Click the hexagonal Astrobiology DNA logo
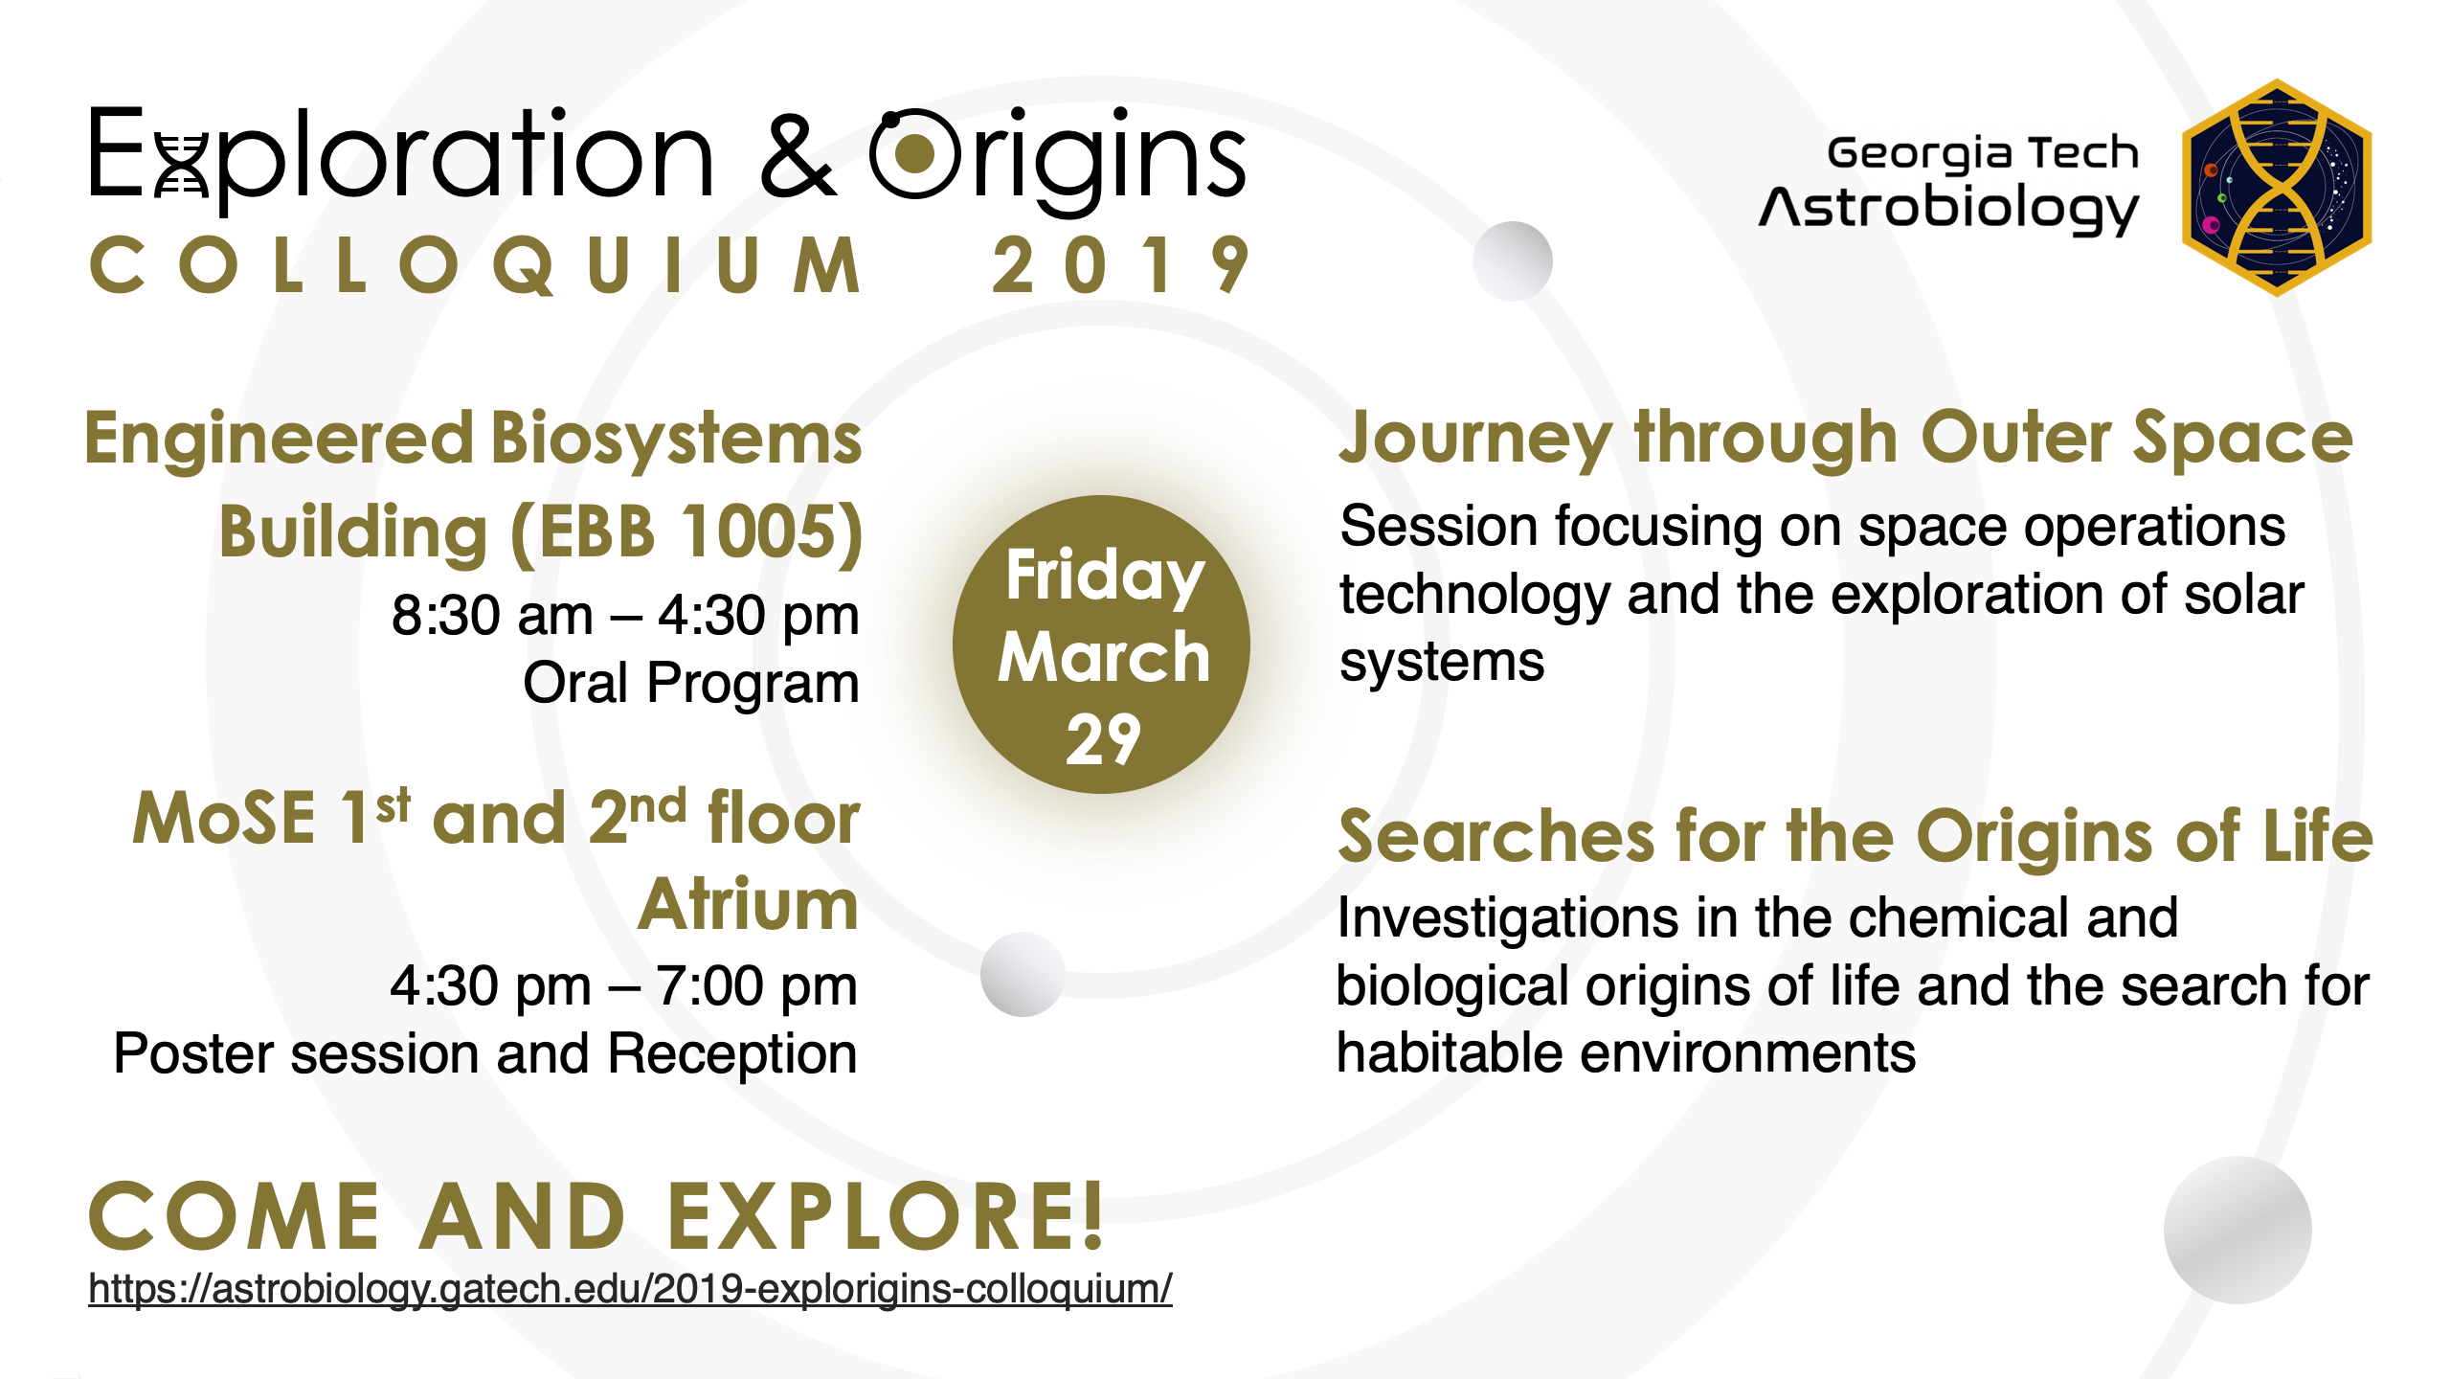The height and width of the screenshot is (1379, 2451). [x=2277, y=188]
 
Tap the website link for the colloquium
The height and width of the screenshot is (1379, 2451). [x=630, y=1289]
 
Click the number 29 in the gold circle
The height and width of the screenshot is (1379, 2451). [x=1103, y=739]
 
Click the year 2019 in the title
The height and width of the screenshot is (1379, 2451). [x=1120, y=265]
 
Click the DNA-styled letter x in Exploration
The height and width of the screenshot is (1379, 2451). [x=181, y=165]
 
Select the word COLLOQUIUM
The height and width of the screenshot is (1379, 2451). [x=476, y=265]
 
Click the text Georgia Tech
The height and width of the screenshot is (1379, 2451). [x=1983, y=154]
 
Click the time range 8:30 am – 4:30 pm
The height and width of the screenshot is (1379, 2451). [x=625, y=615]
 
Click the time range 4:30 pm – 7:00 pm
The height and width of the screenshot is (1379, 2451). [x=623, y=985]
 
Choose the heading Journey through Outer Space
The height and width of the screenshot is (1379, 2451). [x=1846, y=440]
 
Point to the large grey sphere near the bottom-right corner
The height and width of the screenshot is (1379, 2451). [x=2237, y=1231]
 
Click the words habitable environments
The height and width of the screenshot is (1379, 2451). [x=1626, y=1053]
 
